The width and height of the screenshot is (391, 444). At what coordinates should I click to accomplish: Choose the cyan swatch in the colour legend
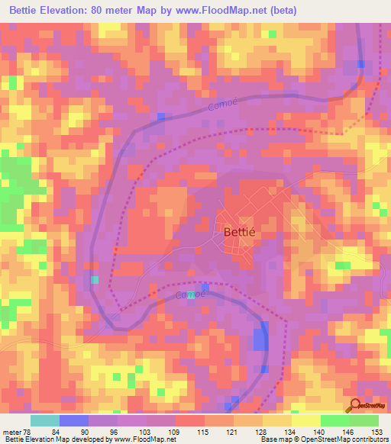coord(45,420)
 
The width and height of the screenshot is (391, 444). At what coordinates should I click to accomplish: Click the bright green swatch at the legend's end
coord(364,420)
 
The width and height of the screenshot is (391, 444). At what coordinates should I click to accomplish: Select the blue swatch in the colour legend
coord(74,420)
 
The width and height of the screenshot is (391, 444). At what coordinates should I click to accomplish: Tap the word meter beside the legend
coord(12,432)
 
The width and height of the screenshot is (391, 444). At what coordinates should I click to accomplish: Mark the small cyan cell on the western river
coord(95,280)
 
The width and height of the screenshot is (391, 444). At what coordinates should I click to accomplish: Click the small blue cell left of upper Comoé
coord(161,116)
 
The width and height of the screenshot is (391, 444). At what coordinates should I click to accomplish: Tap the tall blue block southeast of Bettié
coord(262,336)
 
